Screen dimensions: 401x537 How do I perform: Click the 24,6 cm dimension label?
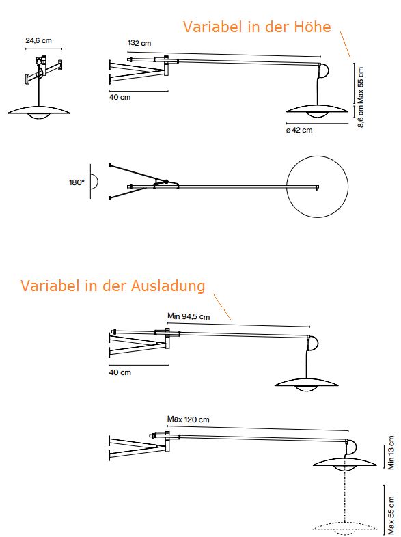click(x=38, y=40)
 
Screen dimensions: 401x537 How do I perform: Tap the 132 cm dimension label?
click(x=139, y=43)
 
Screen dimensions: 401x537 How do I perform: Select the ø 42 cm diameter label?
click(x=299, y=130)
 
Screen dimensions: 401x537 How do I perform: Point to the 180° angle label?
click(x=77, y=182)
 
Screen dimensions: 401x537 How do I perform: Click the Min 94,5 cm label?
click(x=189, y=316)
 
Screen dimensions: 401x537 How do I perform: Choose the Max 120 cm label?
click(x=188, y=419)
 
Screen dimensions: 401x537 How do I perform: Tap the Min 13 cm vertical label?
click(x=391, y=453)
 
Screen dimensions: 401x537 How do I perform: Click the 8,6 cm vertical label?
click(x=361, y=116)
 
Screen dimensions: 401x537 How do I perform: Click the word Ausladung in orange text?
click(x=168, y=286)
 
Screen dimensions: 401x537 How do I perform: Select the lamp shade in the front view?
click(x=39, y=111)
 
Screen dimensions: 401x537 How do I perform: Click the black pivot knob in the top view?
click(x=166, y=182)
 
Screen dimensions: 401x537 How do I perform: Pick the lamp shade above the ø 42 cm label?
click(x=317, y=110)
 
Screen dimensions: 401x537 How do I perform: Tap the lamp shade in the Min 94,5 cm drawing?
click(x=306, y=384)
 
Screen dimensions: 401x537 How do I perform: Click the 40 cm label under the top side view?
click(x=120, y=97)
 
